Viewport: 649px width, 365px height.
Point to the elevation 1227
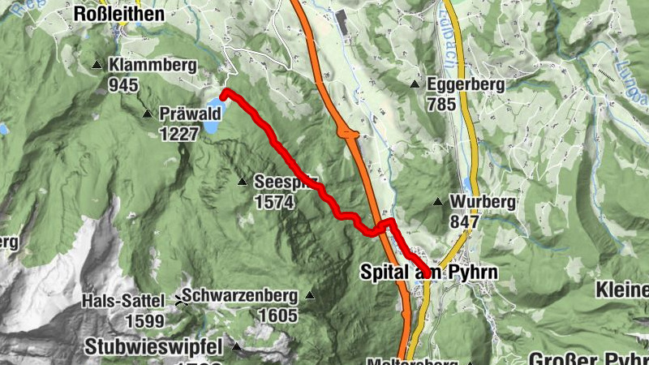[179, 133]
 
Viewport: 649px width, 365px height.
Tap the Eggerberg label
[467, 84]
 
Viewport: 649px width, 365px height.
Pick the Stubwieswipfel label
[153, 347]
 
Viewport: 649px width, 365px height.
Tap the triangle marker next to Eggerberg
[415, 84]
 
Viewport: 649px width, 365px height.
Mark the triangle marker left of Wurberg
[438, 202]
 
